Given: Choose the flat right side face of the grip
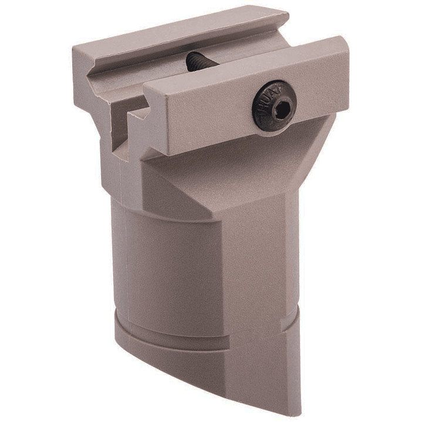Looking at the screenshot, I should pos(258,264).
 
